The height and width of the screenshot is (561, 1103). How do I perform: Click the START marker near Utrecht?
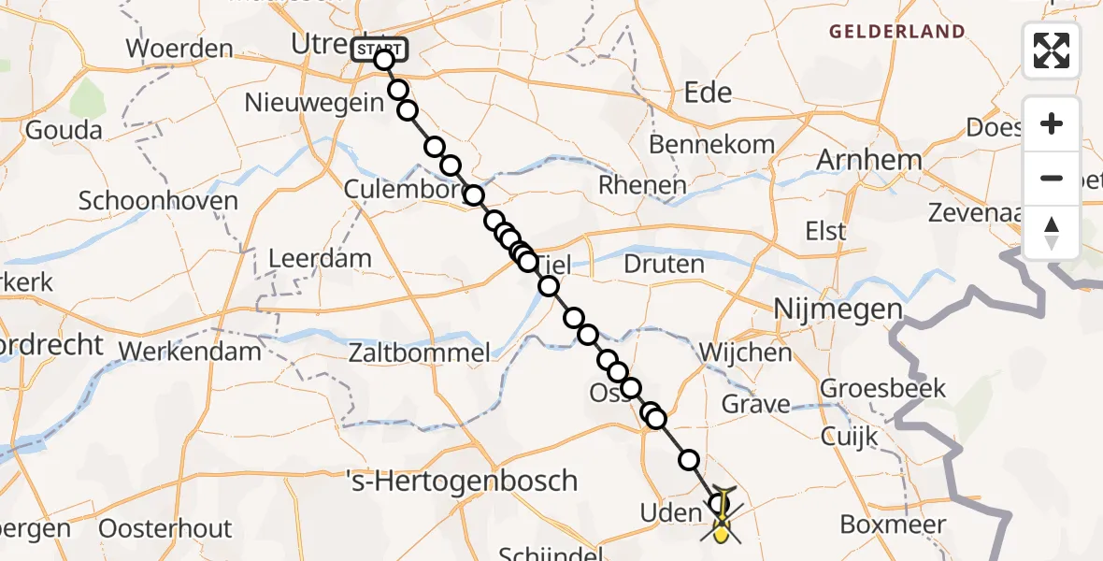379,49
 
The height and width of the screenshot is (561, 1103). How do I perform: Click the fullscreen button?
1052,50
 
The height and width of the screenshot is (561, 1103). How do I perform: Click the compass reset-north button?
1052,233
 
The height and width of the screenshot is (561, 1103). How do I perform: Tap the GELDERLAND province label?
897,32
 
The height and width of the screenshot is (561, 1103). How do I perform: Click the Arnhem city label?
868,160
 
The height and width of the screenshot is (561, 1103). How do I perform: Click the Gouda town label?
64,130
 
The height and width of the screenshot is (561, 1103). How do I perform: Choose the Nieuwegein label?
314,102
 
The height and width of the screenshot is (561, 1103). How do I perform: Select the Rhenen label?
642,185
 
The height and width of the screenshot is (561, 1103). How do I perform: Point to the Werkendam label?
191,352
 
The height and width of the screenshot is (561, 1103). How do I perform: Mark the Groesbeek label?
883,387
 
